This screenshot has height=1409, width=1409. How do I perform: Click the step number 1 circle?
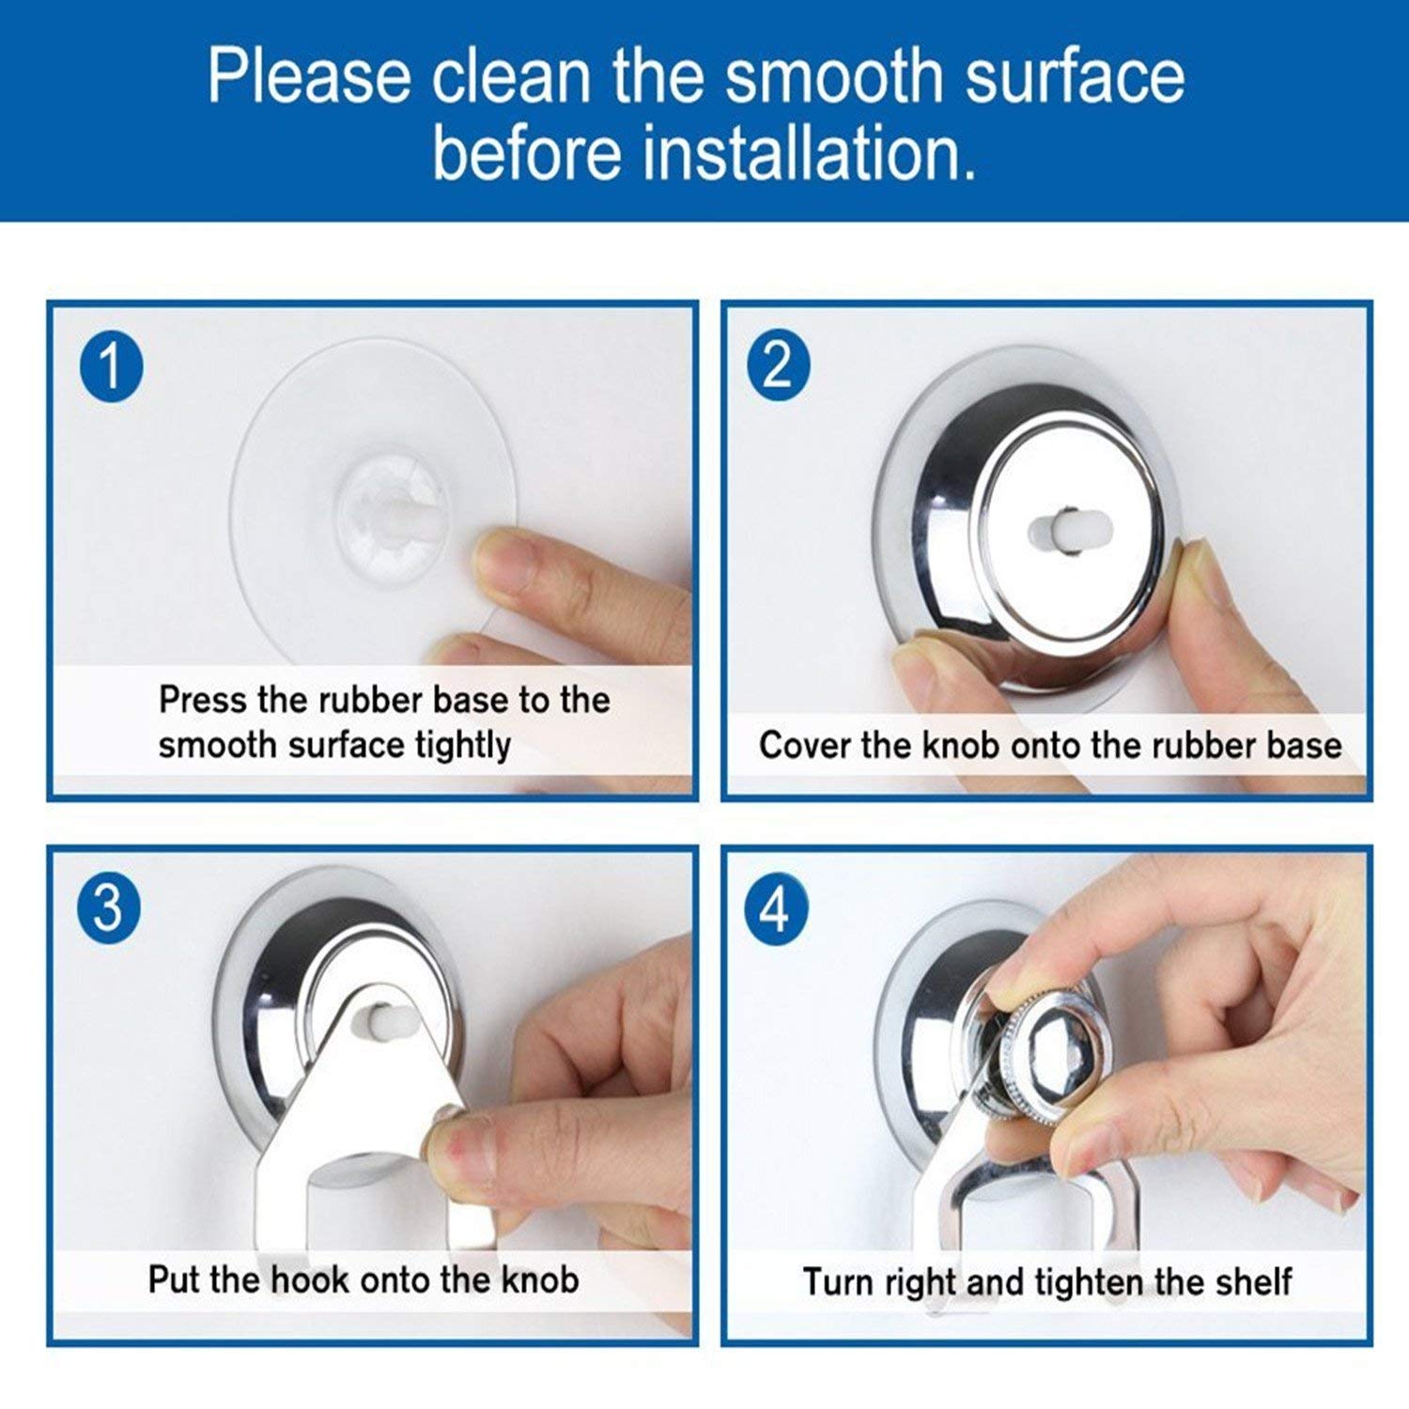click(111, 366)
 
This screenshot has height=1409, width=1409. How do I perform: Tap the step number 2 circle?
click(779, 366)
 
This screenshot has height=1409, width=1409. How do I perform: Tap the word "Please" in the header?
click(309, 76)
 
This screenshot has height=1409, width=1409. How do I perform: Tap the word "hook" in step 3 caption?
click(311, 1279)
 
